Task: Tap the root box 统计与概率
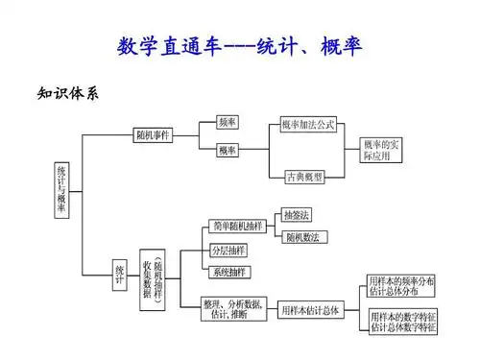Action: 62,188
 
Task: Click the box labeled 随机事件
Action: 153,135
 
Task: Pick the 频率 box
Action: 228,123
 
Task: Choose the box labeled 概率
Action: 228,151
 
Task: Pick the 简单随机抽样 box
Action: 234,227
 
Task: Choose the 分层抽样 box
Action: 227,251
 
